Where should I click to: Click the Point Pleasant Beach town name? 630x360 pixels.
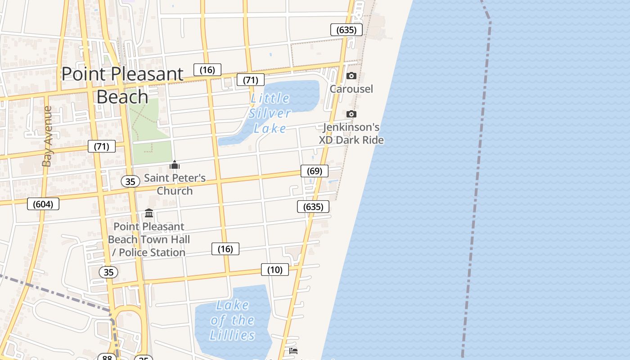click(122, 85)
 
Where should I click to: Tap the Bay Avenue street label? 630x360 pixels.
click(47, 136)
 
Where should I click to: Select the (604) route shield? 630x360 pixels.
click(43, 204)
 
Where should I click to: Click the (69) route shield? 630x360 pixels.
click(315, 171)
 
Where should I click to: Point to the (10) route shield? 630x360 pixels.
click(275, 270)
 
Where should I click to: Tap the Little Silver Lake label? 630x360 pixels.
click(270, 113)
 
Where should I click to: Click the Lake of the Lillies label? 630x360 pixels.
click(232, 320)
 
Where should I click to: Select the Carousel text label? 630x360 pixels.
click(351, 89)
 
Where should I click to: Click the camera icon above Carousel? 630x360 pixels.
click(351, 76)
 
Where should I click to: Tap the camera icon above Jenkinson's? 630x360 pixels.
click(351, 114)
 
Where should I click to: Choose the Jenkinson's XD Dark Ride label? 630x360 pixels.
click(351, 134)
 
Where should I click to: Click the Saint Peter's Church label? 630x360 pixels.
click(175, 184)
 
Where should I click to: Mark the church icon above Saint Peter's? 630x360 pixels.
click(175, 165)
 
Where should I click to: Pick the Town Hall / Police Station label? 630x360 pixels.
click(149, 239)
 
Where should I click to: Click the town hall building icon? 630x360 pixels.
click(149, 213)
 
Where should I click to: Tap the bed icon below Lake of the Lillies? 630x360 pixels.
click(293, 351)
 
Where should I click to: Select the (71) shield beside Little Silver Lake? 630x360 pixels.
click(251, 80)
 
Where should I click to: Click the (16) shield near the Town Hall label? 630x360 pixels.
click(225, 249)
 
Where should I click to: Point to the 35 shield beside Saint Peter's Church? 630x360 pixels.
click(130, 181)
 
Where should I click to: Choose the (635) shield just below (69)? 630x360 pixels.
click(313, 207)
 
